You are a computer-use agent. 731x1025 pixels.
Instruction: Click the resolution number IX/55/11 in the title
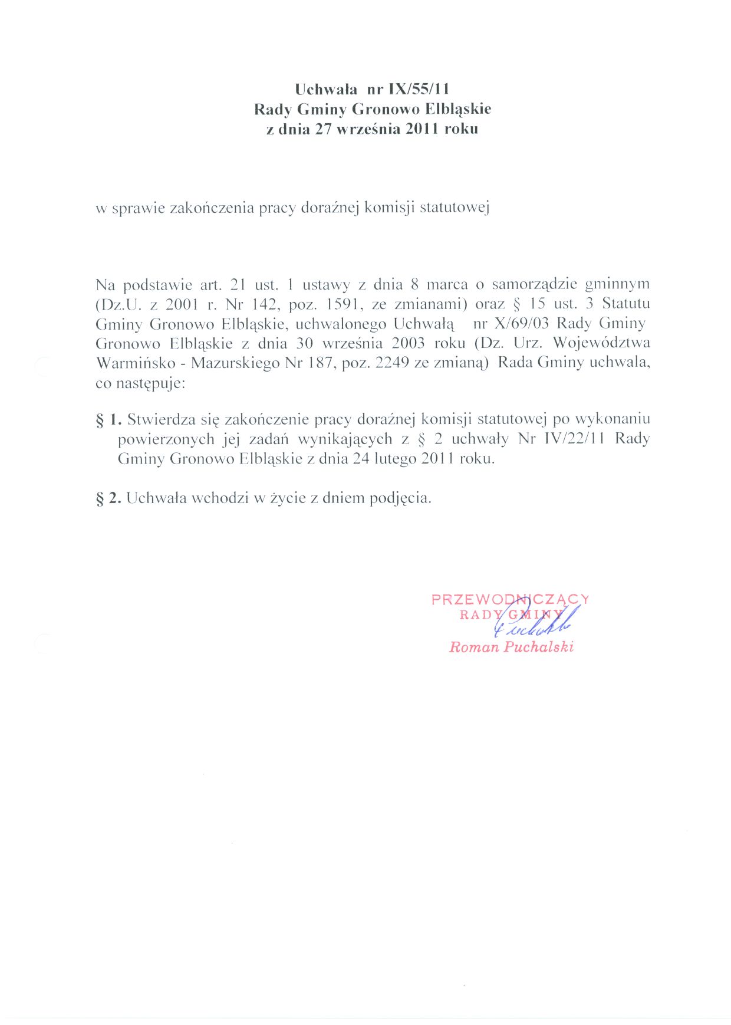coord(419,89)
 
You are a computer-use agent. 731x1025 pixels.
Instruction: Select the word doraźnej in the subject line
coord(330,208)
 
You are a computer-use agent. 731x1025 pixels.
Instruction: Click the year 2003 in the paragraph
coord(408,343)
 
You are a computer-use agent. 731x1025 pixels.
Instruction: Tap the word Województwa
coord(601,343)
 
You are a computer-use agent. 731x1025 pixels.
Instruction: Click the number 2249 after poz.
coord(392,363)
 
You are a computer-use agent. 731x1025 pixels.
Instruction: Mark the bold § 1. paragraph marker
coord(108,420)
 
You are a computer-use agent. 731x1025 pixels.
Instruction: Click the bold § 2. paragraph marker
coord(108,498)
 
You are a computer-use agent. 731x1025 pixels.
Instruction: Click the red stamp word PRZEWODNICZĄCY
coord(510,599)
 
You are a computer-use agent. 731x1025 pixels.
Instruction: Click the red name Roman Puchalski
coord(511,647)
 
